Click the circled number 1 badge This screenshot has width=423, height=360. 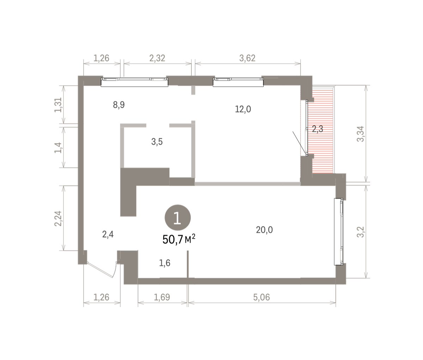tap(178, 218)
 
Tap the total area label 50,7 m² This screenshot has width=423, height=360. tap(179, 239)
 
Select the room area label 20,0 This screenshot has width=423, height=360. tap(264, 230)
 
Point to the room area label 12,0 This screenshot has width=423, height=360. tap(243, 109)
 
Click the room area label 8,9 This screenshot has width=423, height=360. tap(119, 105)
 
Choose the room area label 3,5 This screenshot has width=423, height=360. tap(157, 142)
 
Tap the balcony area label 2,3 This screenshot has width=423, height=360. tap(317, 129)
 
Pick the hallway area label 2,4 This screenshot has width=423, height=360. tap(108, 234)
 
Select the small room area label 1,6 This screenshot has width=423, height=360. tap(165, 263)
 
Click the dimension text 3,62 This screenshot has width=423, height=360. tap(247, 58)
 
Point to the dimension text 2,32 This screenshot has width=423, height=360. tap(157, 58)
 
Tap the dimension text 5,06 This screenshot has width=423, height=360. tap(262, 297)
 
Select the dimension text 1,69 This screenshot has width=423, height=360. tap(162, 297)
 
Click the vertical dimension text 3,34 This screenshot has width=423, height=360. tap(360, 134)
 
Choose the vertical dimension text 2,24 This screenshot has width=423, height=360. tap(58, 218)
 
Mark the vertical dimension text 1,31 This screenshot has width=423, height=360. tap(58, 105)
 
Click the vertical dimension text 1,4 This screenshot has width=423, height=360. tap(58, 147)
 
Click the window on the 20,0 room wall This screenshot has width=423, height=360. tap(339, 232)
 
